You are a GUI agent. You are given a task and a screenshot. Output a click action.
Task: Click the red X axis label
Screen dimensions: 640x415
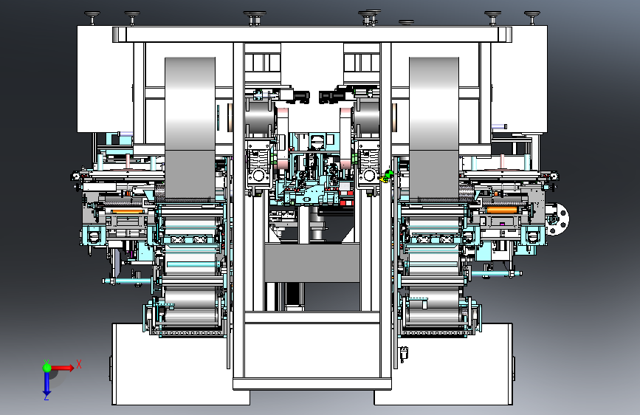click(x=79, y=364)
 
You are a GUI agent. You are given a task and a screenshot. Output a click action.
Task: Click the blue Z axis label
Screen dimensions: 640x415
click(x=47, y=397)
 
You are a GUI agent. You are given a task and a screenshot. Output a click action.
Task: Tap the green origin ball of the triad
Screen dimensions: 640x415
click(x=47, y=368)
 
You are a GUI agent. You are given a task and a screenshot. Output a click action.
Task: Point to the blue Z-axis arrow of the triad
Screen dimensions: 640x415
click(x=47, y=383)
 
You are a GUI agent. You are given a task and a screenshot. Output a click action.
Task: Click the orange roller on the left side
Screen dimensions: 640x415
click(x=127, y=211)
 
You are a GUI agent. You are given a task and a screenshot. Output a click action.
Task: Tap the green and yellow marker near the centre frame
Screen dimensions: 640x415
click(x=385, y=176)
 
